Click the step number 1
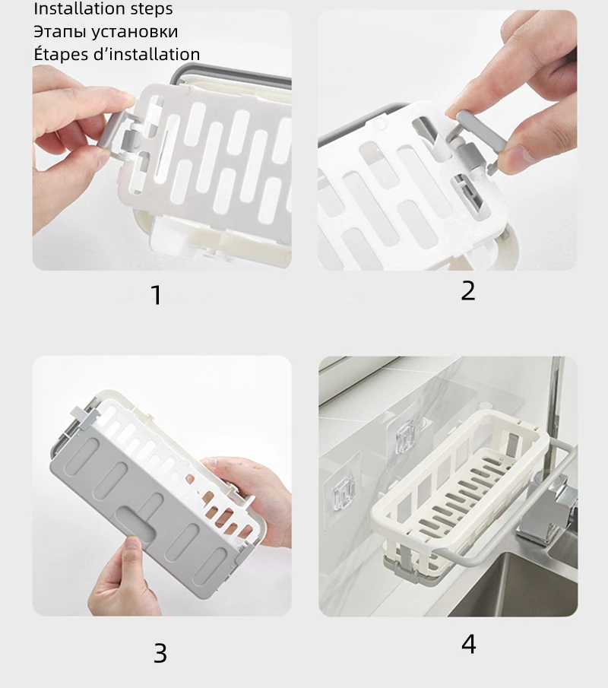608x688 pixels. click(x=156, y=295)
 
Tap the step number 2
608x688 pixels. click(x=468, y=291)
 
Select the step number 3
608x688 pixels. click(x=160, y=653)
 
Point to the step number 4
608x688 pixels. click(x=468, y=645)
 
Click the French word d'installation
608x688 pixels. click(x=147, y=54)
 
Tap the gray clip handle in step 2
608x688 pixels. click(x=480, y=137)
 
